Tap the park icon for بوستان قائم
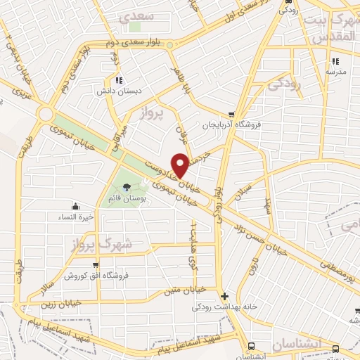[x=127, y=187]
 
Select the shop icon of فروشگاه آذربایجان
[x=231, y=115]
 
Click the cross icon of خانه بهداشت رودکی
[x=224, y=296]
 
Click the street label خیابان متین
[x=184, y=288]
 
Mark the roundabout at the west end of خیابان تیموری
[x=48, y=113]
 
